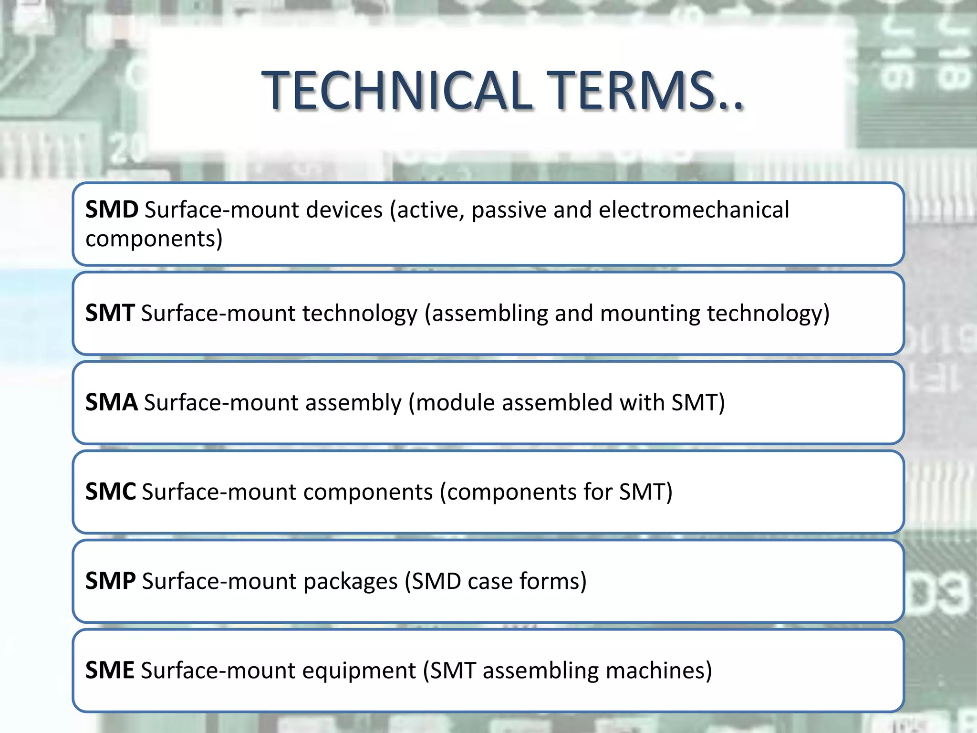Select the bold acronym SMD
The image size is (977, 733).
point(112,210)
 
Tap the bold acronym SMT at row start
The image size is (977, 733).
point(110,314)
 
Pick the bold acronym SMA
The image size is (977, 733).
point(112,403)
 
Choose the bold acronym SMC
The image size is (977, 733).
point(111,492)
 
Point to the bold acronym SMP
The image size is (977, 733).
point(110,581)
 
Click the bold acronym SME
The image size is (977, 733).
point(110,670)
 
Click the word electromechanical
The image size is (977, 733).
point(694,210)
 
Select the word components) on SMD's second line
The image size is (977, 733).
point(154,239)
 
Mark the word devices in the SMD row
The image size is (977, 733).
point(344,210)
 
